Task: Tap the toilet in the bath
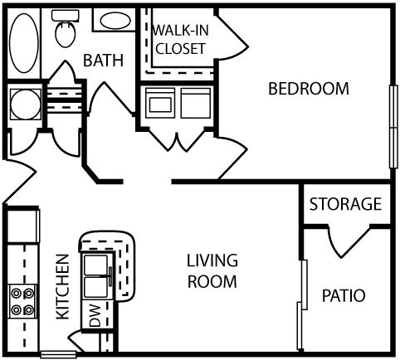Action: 62,31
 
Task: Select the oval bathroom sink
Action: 111,21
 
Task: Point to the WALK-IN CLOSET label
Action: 178,40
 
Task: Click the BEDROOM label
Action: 308,89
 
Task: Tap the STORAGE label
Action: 344,204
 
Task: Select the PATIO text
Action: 344,295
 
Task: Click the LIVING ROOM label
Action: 212,270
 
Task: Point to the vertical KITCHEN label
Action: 61,287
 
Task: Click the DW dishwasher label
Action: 94,316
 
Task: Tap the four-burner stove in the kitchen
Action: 22,301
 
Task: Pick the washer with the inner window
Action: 160,104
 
